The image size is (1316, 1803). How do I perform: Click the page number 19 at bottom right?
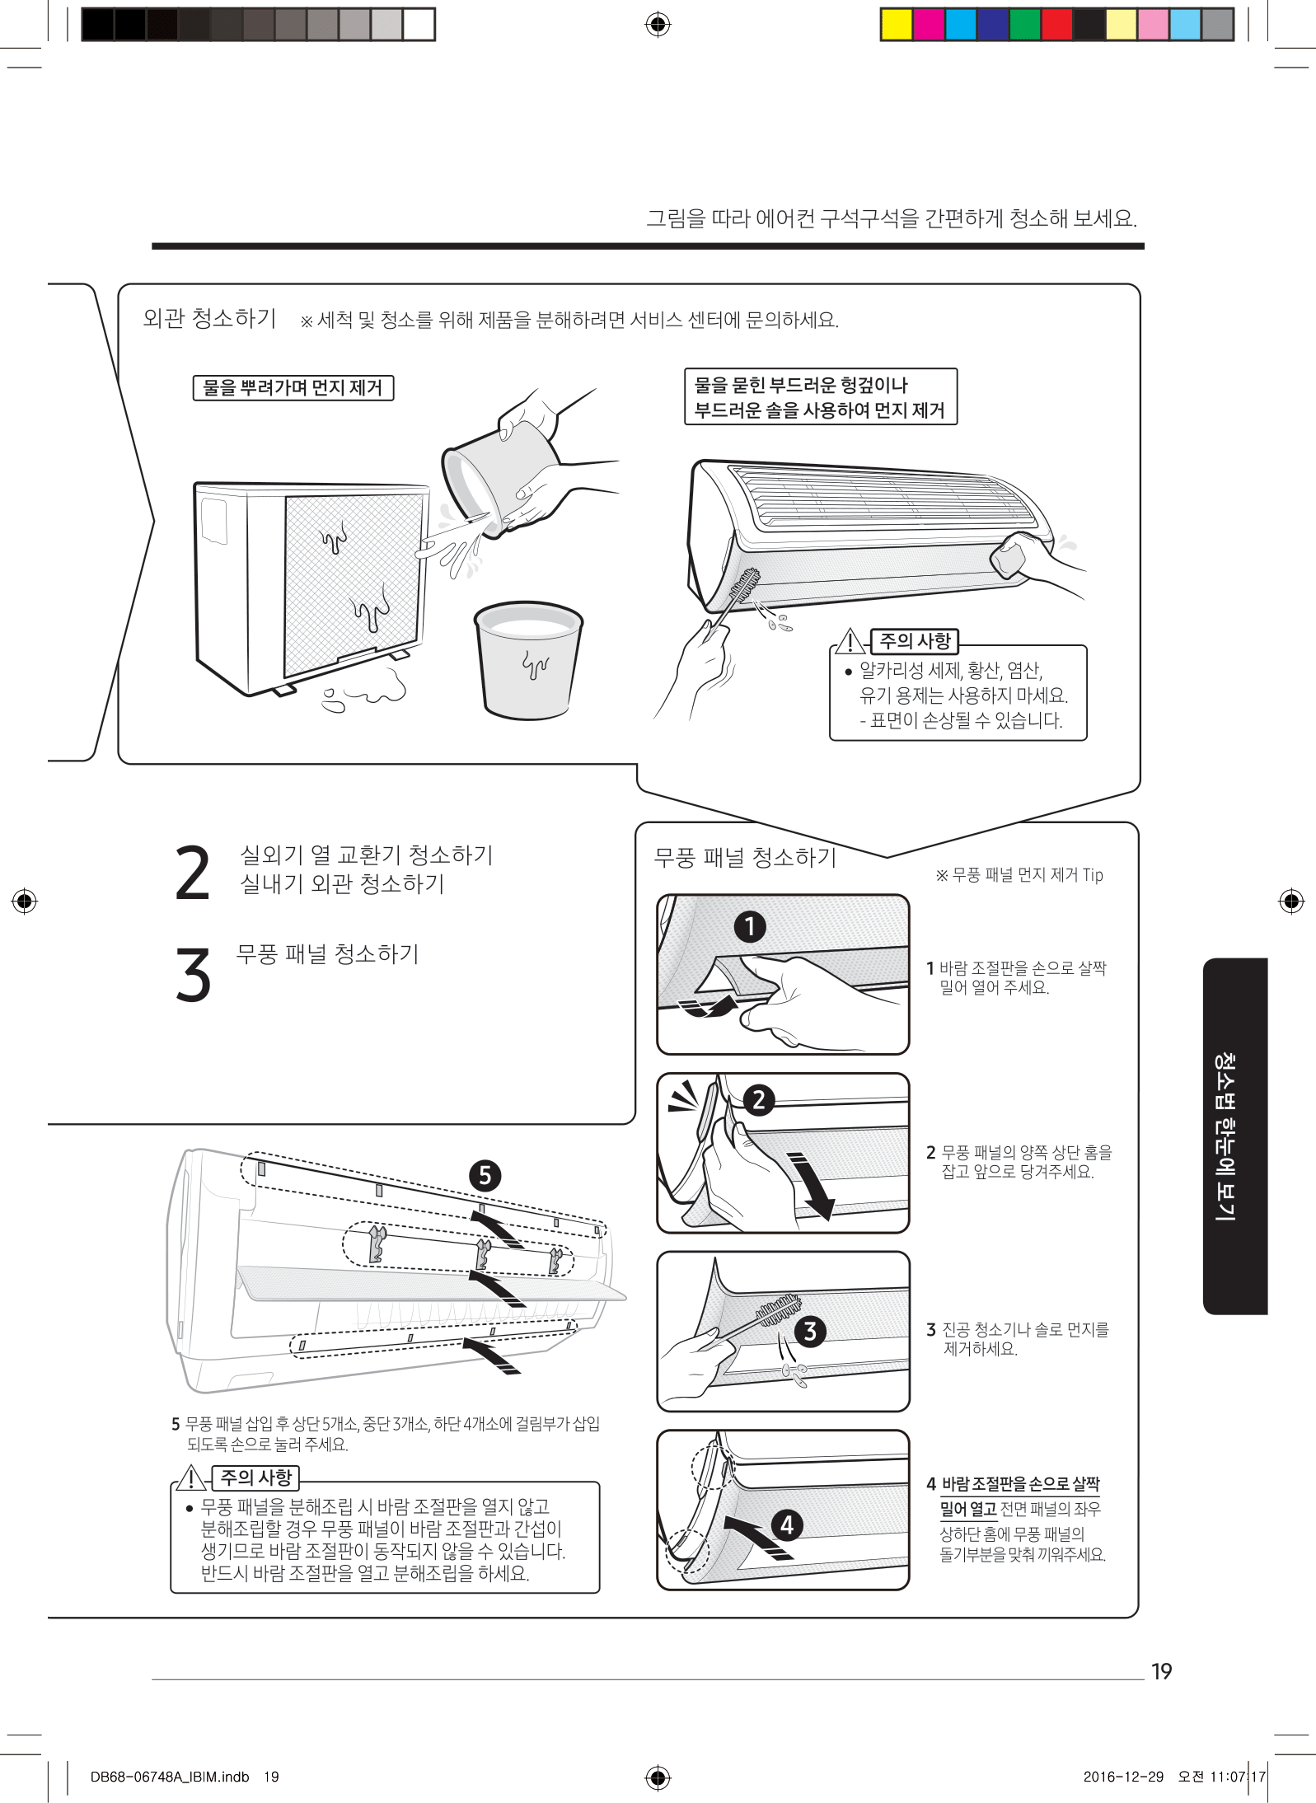click(x=1161, y=1671)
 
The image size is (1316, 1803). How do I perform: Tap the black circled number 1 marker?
click(x=750, y=926)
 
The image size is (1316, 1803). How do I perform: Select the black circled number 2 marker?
click(x=759, y=1100)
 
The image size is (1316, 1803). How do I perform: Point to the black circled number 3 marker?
click(x=810, y=1331)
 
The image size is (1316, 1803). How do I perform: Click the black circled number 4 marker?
click(x=787, y=1524)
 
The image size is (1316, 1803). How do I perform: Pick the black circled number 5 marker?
click(x=485, y=1175)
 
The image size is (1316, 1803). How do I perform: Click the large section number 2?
click(x=193, y=873)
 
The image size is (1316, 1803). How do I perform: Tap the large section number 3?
click(x=193, y=974)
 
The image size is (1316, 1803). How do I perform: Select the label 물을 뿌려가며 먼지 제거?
click(x=293, y=388)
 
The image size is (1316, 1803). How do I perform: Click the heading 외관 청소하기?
click(x=209, y=318)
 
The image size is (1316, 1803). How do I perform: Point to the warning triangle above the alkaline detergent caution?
click(x=850, y=641)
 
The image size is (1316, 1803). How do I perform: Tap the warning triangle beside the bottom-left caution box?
click(x=191, y=1478)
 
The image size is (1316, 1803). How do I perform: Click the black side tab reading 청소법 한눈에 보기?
click(x=1234, y=1136)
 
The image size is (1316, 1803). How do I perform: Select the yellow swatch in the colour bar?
click(x=896, y=25)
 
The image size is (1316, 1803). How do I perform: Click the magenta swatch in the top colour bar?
click(x=928, y=25)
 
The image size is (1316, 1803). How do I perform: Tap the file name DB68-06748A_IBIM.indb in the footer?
click(x=170, y=1777)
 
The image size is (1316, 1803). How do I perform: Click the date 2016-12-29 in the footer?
click(x=1123, y=1777)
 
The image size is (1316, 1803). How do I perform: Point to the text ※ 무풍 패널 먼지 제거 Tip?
click(x=1019, y=875)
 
